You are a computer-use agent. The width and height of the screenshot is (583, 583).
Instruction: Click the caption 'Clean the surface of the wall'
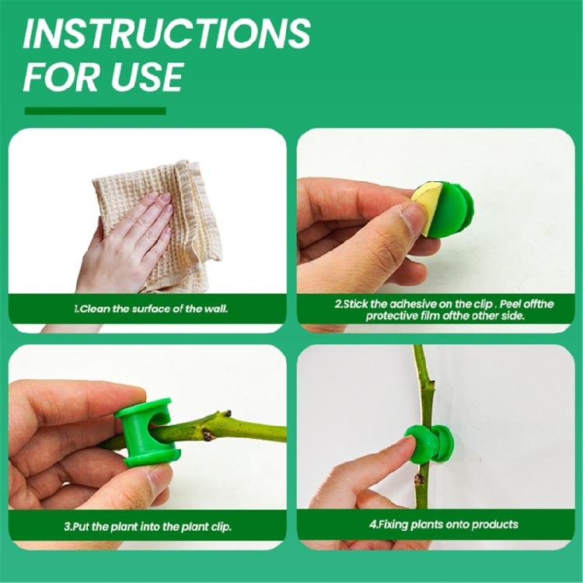[x=151, y=309]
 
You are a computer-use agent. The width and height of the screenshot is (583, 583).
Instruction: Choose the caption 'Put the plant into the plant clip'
[x=148, y=526]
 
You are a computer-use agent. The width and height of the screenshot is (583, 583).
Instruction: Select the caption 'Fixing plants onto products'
[x=443, y=525]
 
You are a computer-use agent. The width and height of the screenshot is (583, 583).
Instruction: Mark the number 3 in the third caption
[x=67, y=526]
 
